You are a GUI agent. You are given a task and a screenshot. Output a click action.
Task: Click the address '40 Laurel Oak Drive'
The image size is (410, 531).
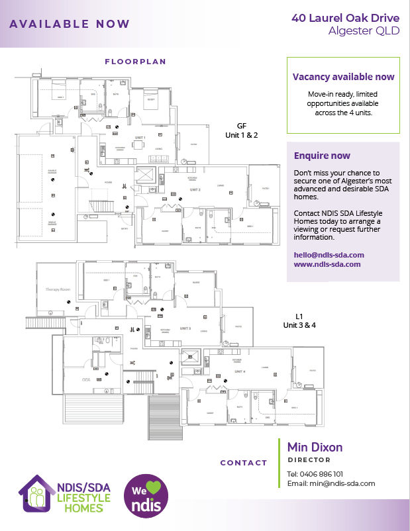tap(345, 17)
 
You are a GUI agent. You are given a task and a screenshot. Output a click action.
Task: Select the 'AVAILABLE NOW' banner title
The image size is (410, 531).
tap(70, 24)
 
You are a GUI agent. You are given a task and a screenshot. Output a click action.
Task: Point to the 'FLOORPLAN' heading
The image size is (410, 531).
tap(135, 62)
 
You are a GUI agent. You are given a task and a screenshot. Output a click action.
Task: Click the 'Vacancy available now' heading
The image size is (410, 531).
tap(343, 77)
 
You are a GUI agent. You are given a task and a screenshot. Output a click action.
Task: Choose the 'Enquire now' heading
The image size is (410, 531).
tap(322, 156)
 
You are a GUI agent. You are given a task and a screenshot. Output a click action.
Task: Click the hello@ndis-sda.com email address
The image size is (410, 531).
tap(329, 254)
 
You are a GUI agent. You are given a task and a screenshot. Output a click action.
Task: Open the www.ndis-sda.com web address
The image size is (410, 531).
tap(327, 264)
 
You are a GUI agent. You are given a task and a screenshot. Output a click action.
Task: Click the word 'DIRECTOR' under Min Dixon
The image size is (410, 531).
tap(309, 459)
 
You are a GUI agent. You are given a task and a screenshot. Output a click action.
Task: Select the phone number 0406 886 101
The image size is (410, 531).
tap(315, 474)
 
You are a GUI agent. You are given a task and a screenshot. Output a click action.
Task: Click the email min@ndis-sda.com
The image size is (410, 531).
tap(331, 483)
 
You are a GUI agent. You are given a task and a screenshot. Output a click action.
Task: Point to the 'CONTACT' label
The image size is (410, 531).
tap(244, 463)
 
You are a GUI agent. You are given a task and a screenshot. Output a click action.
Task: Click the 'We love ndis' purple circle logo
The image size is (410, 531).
tap(146, 495)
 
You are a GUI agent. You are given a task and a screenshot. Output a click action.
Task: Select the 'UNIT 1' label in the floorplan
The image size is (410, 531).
tap(140, 137)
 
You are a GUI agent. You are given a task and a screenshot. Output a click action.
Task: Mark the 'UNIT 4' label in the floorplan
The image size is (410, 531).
tap(239, 372)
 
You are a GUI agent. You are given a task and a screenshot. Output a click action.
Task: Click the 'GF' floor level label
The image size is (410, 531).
tap(242, 125)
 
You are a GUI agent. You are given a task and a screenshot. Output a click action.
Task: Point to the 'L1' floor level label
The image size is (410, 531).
tap(299, 316)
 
